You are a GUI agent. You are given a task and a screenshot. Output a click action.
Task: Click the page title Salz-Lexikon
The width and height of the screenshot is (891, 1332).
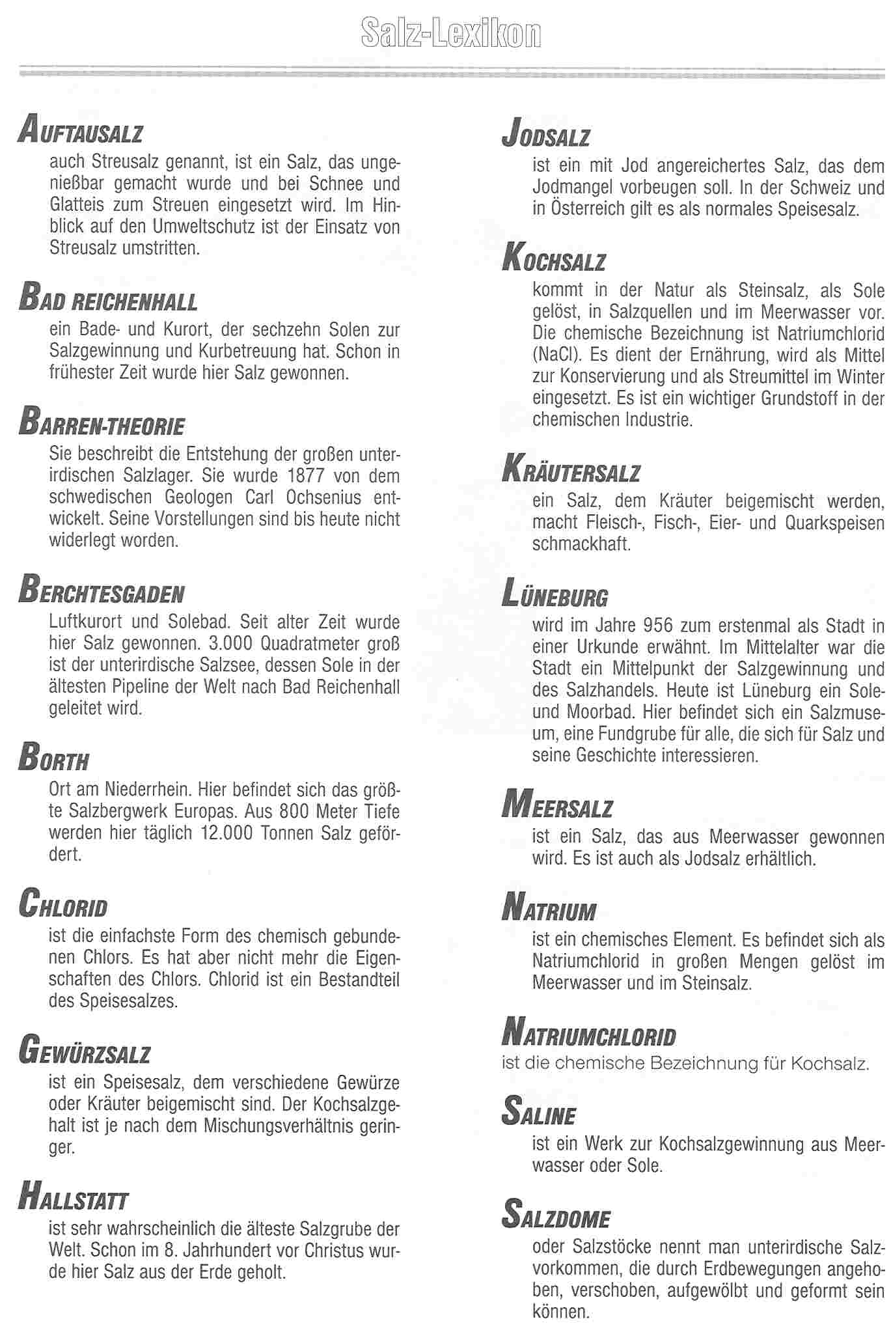click(451, 34)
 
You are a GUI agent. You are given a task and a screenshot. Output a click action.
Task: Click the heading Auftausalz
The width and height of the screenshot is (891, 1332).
click(81, 130)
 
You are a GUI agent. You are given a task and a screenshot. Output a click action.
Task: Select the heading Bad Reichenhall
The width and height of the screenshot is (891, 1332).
click(108, 299)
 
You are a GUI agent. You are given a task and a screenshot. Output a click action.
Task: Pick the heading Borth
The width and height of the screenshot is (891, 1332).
click(54, 758)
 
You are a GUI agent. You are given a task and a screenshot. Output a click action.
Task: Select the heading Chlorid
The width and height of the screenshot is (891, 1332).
click(63, 904)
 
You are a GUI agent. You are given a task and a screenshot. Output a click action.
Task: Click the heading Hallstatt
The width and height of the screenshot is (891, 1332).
click(74, 1197)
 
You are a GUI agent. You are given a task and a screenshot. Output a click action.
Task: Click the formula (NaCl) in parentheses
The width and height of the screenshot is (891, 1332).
click(553, 355)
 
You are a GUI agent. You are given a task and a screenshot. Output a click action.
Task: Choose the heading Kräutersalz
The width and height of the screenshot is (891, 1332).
click(571, 470)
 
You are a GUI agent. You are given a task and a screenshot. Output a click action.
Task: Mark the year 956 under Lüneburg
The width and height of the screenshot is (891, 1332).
click(657, 626)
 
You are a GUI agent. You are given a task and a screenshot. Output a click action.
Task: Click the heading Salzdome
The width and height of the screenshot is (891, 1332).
click(556, 1215)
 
